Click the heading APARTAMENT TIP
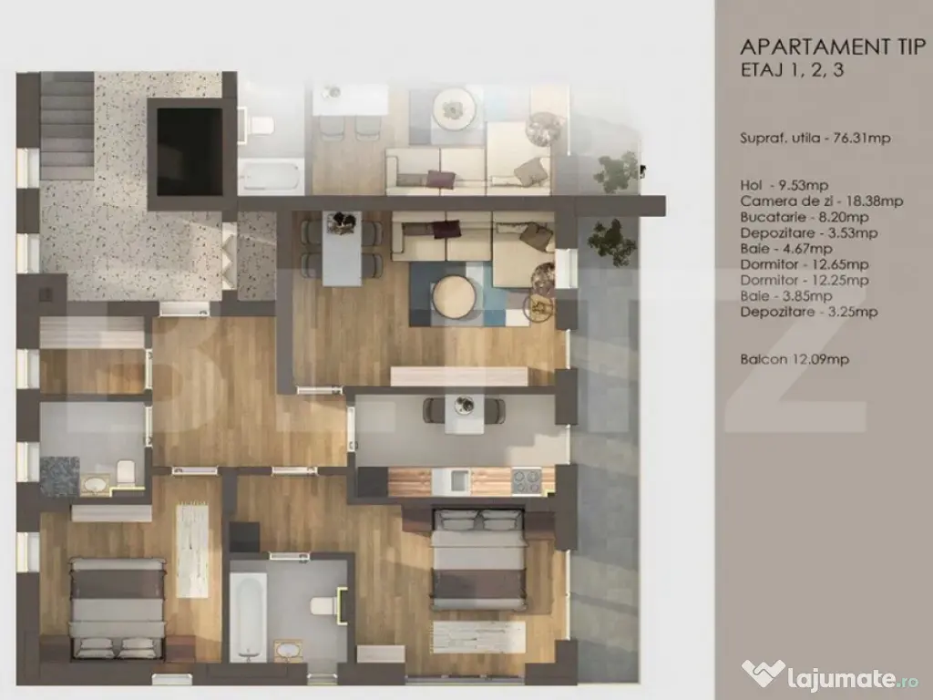tap(833, 46)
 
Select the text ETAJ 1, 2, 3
tap(792, 69)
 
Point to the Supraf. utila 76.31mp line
tap(815, 139)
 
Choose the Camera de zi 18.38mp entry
tap(822, 201)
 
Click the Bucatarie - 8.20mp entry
tap(805, 217)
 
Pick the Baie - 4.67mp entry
tap(786, 249)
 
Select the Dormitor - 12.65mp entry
tap(805, 264)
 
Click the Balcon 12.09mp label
tap(795, 359)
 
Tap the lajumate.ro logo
tap(829, 675)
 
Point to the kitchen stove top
tap(527, 481)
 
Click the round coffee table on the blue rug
tap(454, 296)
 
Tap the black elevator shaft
tap(190, 152)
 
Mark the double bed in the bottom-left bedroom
tap(118, 608)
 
